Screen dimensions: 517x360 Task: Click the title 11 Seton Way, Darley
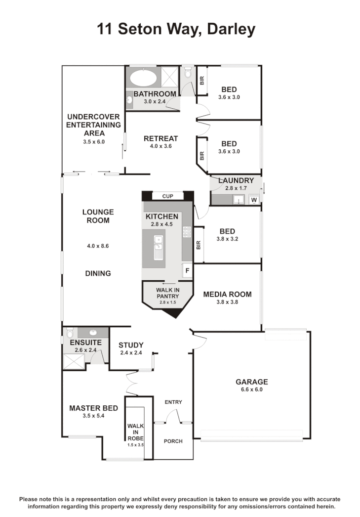(x=176, y=29)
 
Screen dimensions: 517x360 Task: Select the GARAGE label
(x=251, y=382)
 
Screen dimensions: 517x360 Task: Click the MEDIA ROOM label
(x=227, y=294)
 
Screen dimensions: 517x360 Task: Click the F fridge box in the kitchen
(x=187, y=270)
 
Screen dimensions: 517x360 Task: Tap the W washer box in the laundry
(x=254, y=200)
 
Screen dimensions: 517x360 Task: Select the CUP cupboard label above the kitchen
(x=168, y=196)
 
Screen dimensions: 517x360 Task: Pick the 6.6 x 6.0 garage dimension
(x=251, y=389)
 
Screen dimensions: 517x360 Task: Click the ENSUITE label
(x=85, y=342)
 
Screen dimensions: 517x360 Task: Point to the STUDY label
(x=131, y=345)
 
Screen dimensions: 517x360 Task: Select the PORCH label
(x=173, y=441)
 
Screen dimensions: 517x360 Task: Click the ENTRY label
(x=173, y=402)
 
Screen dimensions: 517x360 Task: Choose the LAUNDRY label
(x=236, y=180)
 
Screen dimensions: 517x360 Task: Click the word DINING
(x=98, y=273)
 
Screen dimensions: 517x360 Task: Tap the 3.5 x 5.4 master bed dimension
(x=93, y=416)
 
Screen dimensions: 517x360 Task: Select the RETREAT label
(x=160, y=138)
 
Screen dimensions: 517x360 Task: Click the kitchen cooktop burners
(x=187, y=232)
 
